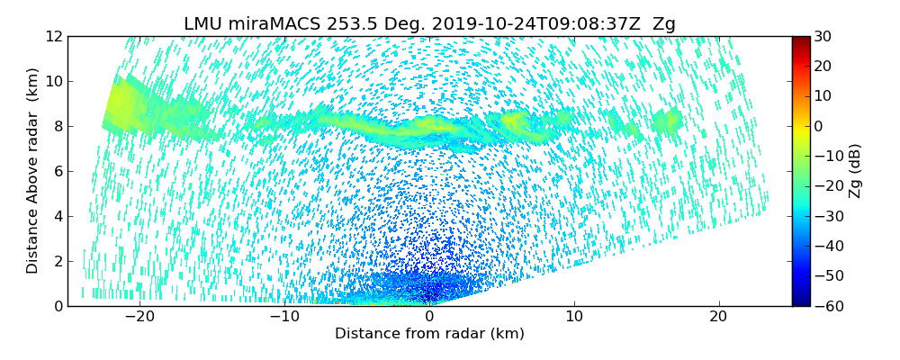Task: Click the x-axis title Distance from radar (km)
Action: click(x=429, y=334)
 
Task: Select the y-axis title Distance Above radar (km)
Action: click(x=32, y=171)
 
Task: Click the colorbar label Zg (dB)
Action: click(x=855, y=171)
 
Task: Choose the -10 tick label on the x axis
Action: click(x=283, y=317)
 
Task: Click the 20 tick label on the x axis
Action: click(x=718, y=317)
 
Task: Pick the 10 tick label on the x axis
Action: click(x=574, y=317)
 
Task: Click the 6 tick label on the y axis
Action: click(x=57, y=171)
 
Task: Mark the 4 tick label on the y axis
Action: click(x=57, y=216)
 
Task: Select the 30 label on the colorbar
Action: click(x=823, y=36)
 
